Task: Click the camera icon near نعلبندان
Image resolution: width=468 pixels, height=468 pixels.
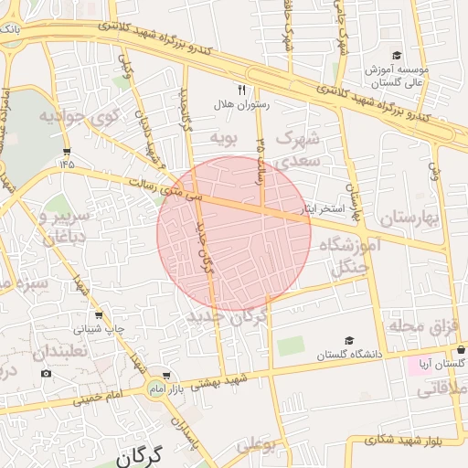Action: [47, 373]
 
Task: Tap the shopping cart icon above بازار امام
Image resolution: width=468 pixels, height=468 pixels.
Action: [165, 376]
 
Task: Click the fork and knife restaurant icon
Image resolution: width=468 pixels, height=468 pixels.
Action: [242, 90]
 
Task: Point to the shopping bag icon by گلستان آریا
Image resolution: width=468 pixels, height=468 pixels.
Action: [461, 349]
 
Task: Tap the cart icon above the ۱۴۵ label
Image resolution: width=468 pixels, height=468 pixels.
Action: [67, 151]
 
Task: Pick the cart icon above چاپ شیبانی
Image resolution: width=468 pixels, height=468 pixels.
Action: [99, 314]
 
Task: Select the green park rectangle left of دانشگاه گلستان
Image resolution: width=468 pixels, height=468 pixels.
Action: [292, 346]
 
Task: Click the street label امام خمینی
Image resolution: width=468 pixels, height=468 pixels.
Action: [100, 398]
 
